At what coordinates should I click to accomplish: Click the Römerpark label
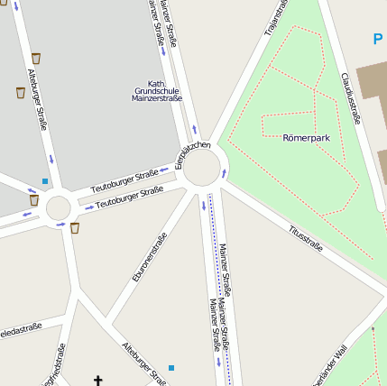pos(307,138)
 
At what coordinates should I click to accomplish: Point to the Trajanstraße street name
pos(275,18)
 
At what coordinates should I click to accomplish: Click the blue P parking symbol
pos(378,39)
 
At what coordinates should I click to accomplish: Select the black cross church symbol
pos(99,381)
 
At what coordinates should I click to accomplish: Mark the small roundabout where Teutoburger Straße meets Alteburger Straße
pos(58,207)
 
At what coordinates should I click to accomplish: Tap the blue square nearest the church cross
pos(171,368)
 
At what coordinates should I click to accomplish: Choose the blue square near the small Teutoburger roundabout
pos(44,182)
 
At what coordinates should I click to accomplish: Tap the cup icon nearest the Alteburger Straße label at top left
pos(36,59)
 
